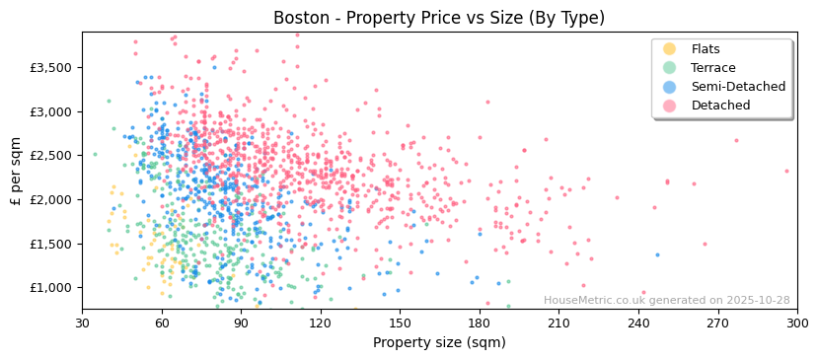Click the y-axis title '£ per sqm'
click(x=16, y=171)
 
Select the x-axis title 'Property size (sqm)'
click(x=439, y=342)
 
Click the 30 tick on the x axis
click(x=82, y=323)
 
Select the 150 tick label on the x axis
click(x=400, y=323)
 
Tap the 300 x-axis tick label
click(x=796, y=323)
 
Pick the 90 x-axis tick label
click(x=241, y=323)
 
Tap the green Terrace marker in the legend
click(x=670, y=68)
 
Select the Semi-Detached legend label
click(x=738, y=87)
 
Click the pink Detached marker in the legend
click(x=670, y=106)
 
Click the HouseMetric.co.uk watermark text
click(x=666, y=301)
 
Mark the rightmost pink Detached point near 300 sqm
click(x=786, y=171)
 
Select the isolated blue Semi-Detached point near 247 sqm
click(x=657, y=254)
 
